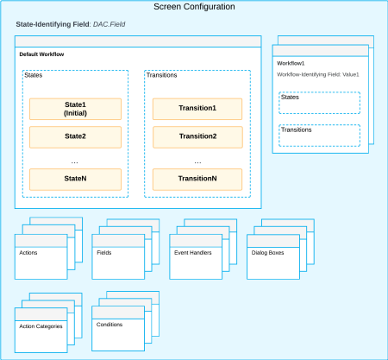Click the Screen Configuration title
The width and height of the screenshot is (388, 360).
194,7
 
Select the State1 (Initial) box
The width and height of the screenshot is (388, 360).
75,109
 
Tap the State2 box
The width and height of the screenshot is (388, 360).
75,136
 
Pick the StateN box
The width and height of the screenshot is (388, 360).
75,179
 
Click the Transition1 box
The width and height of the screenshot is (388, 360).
197,109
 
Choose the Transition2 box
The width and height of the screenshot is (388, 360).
197,136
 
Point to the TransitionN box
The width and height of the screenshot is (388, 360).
197,179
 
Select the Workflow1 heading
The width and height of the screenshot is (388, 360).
291,63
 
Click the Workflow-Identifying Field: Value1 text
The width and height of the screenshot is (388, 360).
317,75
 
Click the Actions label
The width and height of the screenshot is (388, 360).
28,254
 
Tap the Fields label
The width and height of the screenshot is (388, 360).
103,254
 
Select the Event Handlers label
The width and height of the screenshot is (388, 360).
191,254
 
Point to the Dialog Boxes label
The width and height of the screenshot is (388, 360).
267,254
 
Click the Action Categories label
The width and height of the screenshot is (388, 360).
41,326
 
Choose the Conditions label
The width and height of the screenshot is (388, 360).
110,325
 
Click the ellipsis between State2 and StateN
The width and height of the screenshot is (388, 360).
74,161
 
